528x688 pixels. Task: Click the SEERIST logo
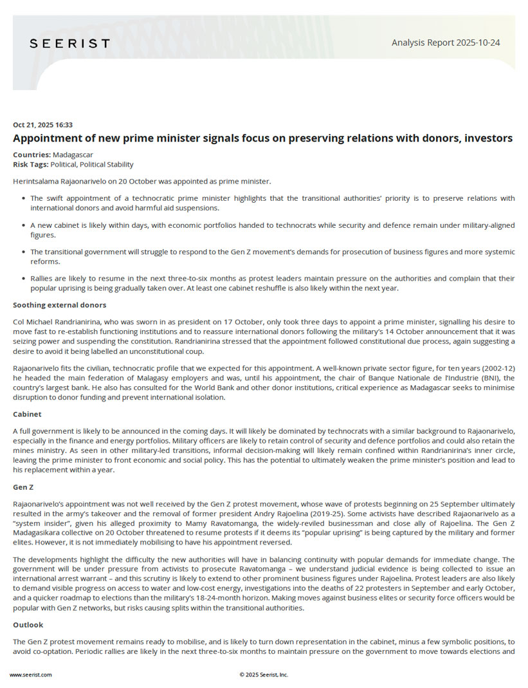coord(69,43)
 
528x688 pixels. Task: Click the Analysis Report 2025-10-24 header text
coord(446,43)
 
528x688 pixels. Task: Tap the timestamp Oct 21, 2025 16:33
coord(42,125)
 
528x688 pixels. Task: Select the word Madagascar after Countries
coord(73,155)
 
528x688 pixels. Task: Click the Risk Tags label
coord(30,165)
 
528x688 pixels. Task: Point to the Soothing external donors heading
coord(60,304)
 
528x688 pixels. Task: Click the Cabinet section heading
coord(27,414)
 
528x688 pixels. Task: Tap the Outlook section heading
coord(28,624)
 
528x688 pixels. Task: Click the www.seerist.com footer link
coord(31,674)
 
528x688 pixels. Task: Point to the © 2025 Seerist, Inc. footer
coord(264,674)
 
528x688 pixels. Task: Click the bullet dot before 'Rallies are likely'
coord(24,279)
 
